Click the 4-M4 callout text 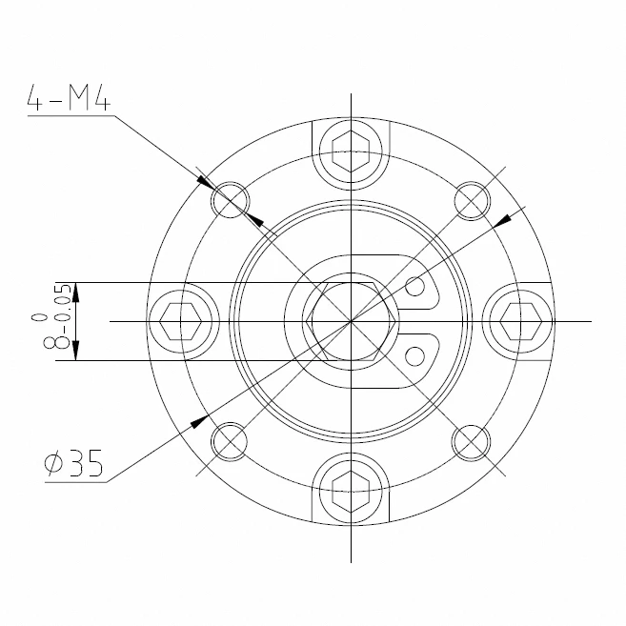click(69, 97)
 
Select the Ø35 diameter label click(74, 463)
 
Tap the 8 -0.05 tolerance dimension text click(57, 316)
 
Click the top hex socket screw click(351, 151)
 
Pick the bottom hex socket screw click(351, 492)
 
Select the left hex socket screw click(180, 321)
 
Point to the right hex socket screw click(520, 321)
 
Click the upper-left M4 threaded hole click(230, 200)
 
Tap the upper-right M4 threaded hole click(472, 200)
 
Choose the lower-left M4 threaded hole click(230, 442)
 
